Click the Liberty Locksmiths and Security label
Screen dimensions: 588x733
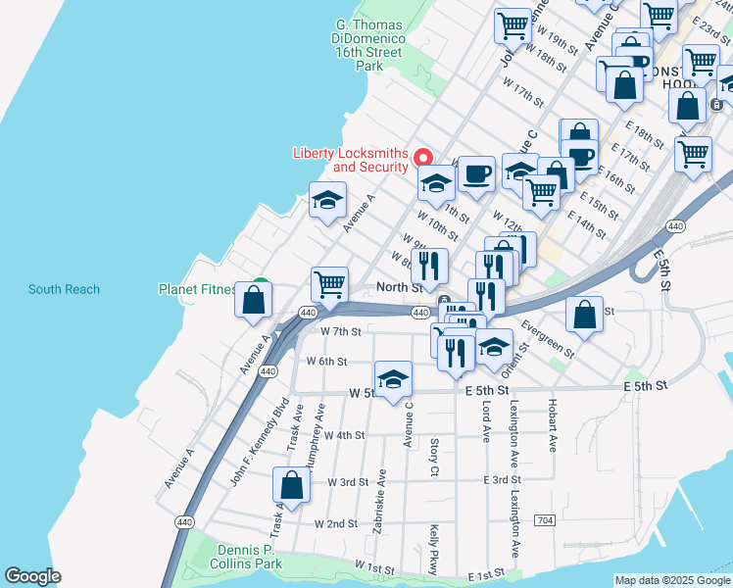pyautogui.click(x=350, y=160)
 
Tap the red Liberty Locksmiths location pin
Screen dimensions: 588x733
pyautogui.click(x=423, y=158)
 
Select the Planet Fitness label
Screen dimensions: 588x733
pyautogui.click(x=198, y=289)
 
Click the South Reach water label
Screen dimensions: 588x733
pyautogui.click(x=64, y=289)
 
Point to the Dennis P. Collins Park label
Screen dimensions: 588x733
pyautogui.click(x=250, y=557)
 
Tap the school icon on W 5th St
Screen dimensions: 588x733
pyautogui.click(x=393, y=379)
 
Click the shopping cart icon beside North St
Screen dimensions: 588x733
pyautogui.click(x=330, y=284)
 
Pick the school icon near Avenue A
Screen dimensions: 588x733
pyautogui.click(x=327, y=202)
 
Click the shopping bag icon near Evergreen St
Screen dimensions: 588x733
pyautogui.click(x=584, y=315)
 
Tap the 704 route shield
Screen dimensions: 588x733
pyautogui.click(x=545, y=518)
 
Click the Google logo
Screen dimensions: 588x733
pyautogui.click(x=33, y=577)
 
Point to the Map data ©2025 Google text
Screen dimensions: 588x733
pyautogui.click(x=672, y=580)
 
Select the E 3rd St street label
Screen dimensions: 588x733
pyautogui.click(x=501, y=479)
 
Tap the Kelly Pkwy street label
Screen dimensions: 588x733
pyautogui.click(x=432, y=550)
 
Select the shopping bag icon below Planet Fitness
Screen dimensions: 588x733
pyautogui.click(x=253, y=303)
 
